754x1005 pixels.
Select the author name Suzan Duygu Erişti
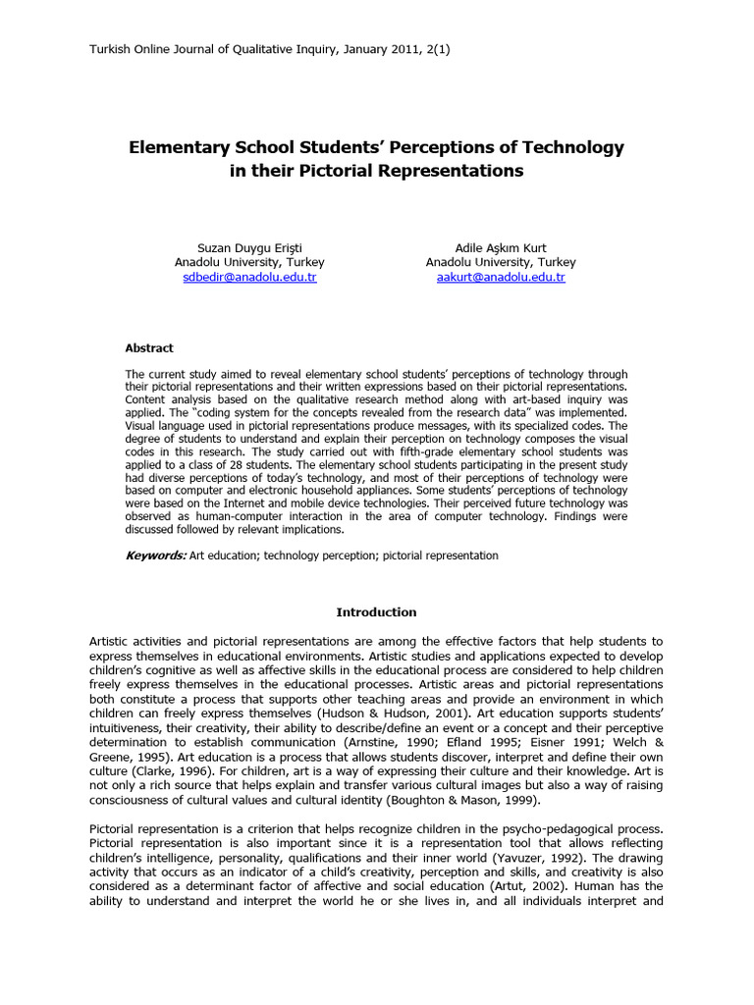[x=249, y=247]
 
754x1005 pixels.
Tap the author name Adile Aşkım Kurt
[x=501, y=247]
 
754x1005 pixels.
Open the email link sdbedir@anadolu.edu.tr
[x=249, y=278]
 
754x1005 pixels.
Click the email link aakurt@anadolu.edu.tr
[x=501, y=278]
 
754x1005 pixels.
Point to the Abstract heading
[x=149, y=347]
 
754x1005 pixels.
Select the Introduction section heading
[x=376, y=612]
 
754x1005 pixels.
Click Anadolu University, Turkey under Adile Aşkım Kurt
[x=501, y=263]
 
